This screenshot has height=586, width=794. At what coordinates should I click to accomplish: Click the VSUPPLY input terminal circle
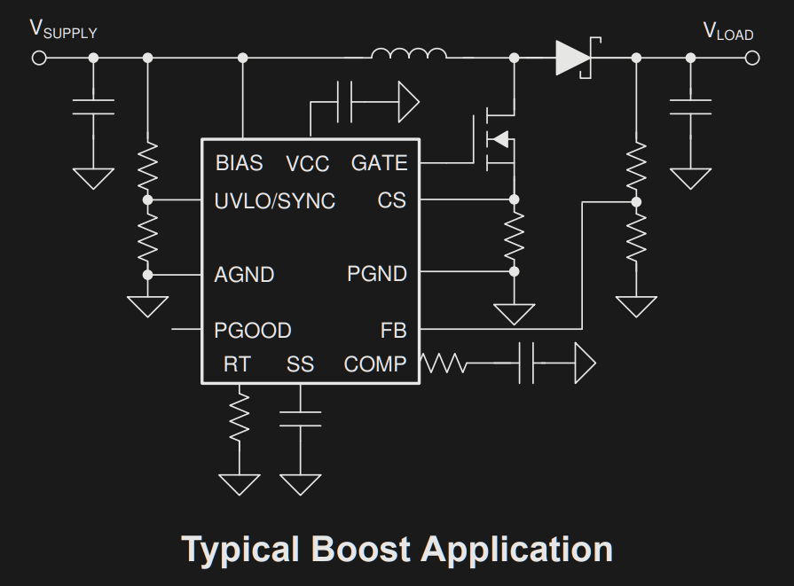[x=39, y=59]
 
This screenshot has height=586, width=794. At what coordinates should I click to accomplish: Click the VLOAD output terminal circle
[x=752, y=59]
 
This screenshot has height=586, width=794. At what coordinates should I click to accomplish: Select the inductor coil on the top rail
[x=408, y=55]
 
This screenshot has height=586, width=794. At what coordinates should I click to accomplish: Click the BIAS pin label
[x=240, y=164]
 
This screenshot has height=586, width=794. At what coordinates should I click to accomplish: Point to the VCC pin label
[x=307, y=164]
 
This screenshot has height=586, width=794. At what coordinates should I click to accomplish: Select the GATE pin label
[x=379, y=164]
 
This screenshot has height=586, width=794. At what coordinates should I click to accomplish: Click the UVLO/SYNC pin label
[x=275, y=202]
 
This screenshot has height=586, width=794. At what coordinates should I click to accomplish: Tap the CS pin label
[x=391, y=201]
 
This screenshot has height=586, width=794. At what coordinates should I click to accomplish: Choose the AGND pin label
[x=244, y=275]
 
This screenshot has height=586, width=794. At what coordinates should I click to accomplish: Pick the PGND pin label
[x=377, y=275]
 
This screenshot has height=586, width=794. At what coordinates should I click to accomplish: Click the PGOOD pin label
[x=253, y=331]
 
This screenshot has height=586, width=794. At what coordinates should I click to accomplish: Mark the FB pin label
[x=393, y=331]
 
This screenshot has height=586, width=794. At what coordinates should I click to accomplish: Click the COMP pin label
[x=375, y=364]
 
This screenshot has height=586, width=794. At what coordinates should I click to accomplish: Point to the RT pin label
[x=237, y=364]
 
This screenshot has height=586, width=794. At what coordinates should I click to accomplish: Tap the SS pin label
[x=300, y=364]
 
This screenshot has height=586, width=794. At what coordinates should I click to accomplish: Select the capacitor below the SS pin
[x=301, y=418]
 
